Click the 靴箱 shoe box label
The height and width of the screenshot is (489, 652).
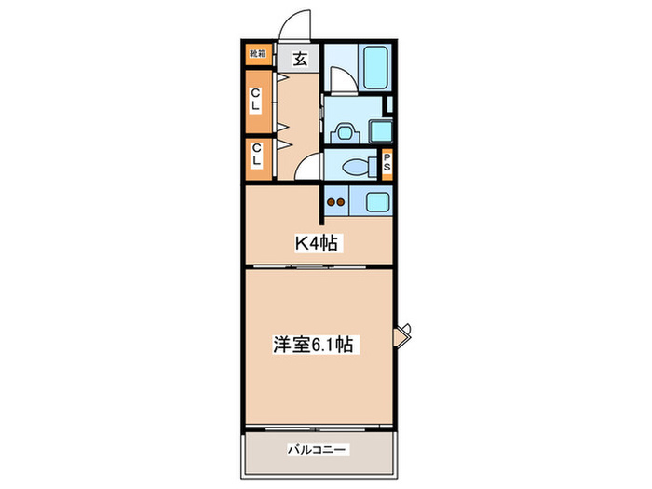(256, 55)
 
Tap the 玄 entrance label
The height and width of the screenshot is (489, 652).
(301, 58)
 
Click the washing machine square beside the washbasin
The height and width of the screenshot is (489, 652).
(380, 131)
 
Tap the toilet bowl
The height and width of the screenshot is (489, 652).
(354, 167)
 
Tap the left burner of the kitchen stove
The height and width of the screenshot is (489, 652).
(330, 200)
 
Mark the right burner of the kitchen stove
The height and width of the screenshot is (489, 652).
(342, 200)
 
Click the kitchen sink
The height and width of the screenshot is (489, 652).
(376, 200)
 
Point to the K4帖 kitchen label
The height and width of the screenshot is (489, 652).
(317, 244)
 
